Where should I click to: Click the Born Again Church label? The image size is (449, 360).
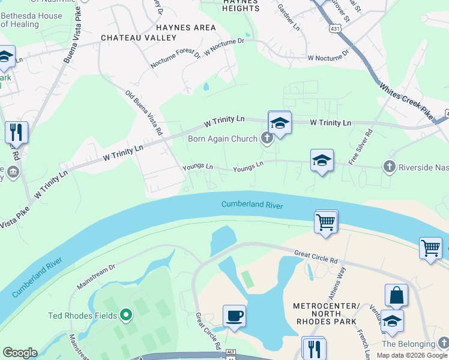pyautogui.click(x=223, y=139)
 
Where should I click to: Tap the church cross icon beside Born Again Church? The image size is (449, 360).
pyautogui.click(x=267, y=139)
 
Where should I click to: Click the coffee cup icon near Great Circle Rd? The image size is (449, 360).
pyautogui.click(x=234, y=315)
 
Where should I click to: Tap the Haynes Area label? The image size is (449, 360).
pyautogui.click(x=185, y=28)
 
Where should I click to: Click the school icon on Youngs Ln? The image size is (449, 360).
pyautogui.click(x=322, y=160)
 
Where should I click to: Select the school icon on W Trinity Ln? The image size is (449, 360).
pyautogui.click(x=279, y=122)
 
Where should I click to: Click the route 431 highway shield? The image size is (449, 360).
pyautogui.click(x=336, y=28)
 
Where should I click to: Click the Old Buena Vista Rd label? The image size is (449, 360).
pyautogui.click(x=144, y=112)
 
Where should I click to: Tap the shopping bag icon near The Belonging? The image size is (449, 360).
pyautogui.click(x=396, y=295)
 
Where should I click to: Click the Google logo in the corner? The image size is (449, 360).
pyautogui.click(x=20, y=353)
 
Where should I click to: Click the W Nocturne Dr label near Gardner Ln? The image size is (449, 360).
pyautogui.click(x=328, y=58)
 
